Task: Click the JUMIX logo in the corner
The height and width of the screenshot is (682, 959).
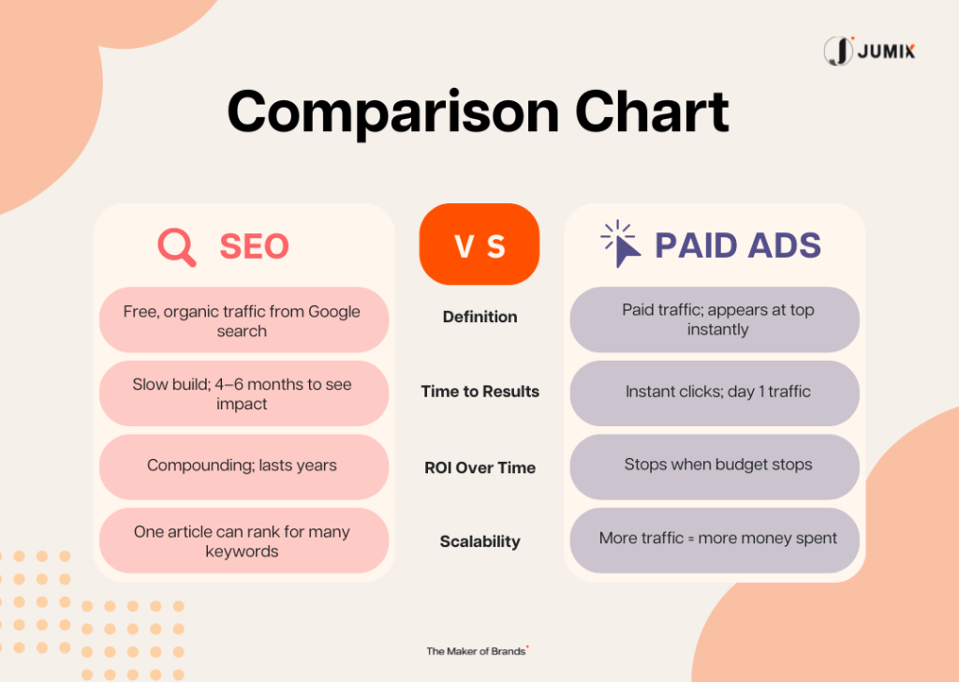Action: (x=869, y=51)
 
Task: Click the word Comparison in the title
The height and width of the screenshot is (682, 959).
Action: (x=393, y=112)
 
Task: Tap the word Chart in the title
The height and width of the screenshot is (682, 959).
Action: (x=652, y=111)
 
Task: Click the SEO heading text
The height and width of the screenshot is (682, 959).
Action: (x=254, y=245)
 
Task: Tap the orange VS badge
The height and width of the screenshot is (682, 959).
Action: (x=479, y=245)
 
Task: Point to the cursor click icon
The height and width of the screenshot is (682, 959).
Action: (x=620, y=244)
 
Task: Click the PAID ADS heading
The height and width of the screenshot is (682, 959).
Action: (x=738, y=245)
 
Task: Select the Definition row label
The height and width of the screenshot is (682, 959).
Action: (x=480, y=317)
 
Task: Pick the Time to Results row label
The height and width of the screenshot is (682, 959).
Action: (x=480, y=392)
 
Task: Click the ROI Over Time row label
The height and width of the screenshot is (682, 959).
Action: (x=480, y=467)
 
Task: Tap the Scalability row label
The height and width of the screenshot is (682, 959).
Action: (x=480, y=541)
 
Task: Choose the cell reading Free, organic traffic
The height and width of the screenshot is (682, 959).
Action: (x=244, y=319)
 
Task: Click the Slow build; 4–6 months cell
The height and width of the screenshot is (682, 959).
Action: (x=244, y=393)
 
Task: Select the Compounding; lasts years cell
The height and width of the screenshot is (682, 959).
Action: (x=244, y=467)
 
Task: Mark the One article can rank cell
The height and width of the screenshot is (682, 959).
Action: (x=244, y=541)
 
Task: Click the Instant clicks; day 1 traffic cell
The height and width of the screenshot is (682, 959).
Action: (x=715, y=393)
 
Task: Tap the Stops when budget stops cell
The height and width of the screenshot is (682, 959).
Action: (x=715, y=467)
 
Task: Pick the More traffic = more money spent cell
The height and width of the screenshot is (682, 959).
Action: (x=715, y=541)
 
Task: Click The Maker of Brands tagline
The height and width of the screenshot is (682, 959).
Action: (x=478, y=651)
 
